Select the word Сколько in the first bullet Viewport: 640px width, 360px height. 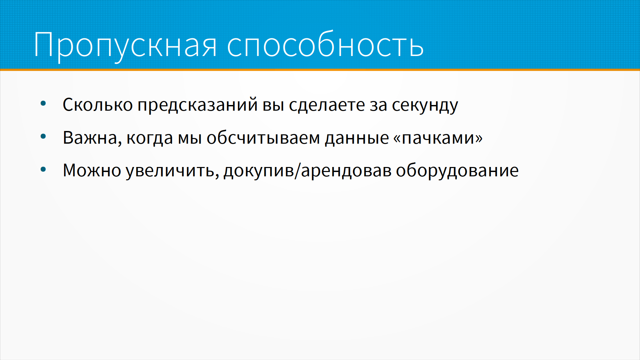[x=98, y=105]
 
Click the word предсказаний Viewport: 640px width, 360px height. [x=197, y=105]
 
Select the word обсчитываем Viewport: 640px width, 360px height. [x=263, y=137]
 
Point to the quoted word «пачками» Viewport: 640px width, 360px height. [x=438, y=138]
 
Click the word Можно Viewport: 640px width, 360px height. [x=92, y=170]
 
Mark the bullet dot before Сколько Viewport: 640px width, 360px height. [x=43, y=104]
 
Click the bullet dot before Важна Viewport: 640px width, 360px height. [x=43, y=136]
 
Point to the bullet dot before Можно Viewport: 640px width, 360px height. [x=43, y=169]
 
